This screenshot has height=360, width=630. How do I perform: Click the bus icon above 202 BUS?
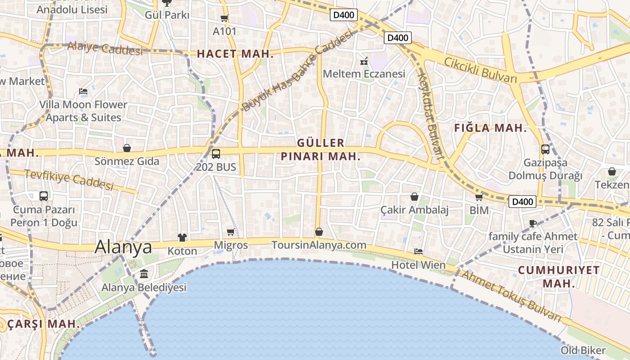[x=216, y=154]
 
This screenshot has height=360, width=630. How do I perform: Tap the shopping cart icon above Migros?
[x=231, y=232]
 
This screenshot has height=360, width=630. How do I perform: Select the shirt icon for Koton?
[x=182, y=238]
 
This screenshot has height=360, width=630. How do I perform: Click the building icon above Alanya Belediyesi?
[x=144, y=274]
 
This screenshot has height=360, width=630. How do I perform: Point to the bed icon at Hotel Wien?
[x=418, y=252]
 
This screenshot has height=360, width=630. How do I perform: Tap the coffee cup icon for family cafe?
[x=533, y=223]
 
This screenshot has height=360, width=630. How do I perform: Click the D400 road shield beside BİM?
[x=522, y=202]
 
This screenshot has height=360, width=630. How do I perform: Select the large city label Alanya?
[x=123, y=247]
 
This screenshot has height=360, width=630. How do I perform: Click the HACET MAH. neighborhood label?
[x=235, y=54]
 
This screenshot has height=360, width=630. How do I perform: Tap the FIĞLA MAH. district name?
[x=490, y=128]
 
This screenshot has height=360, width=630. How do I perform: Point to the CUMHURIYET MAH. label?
[x=558, y=277]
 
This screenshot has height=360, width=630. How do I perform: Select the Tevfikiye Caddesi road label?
[x=68, y=180]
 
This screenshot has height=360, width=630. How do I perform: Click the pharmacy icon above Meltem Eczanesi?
[x=364, y=61]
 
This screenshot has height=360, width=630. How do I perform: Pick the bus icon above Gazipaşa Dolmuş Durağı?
[x=545, y=149]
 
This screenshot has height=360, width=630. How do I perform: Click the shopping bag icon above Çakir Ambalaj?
[x=414, y=197]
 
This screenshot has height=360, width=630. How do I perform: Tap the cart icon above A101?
[x=224, y=18]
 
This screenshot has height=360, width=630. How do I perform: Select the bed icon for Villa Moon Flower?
[x=83, y=91]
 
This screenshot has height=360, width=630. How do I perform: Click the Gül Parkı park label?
[x=167, y=15]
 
